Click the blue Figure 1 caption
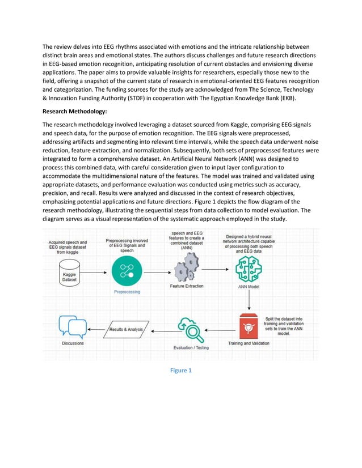[181, 370]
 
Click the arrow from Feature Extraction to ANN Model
[216, 270]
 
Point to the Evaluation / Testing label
[191, 347]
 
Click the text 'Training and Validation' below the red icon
[248, 343]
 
